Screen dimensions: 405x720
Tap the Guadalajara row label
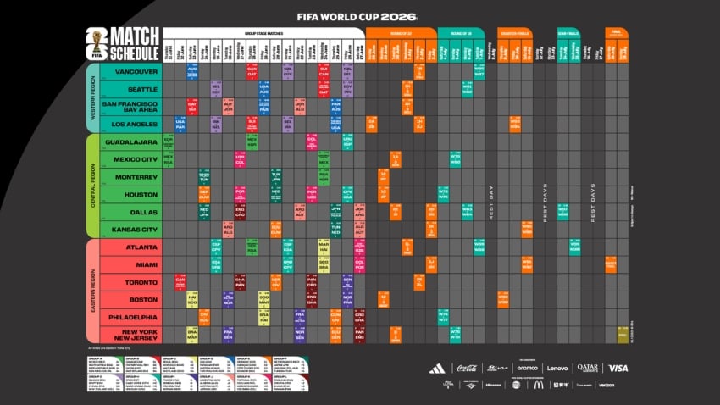(x=136, y=141)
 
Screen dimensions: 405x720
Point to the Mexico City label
(x=136, y=159)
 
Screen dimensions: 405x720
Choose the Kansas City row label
(x=136, y=229)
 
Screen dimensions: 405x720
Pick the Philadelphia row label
(x=136, y=317)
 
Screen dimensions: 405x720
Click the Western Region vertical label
(x=92, y=97)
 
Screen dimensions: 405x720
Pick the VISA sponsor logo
(x=618, y=368)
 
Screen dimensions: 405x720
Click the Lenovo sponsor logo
(x=557, y=368)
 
